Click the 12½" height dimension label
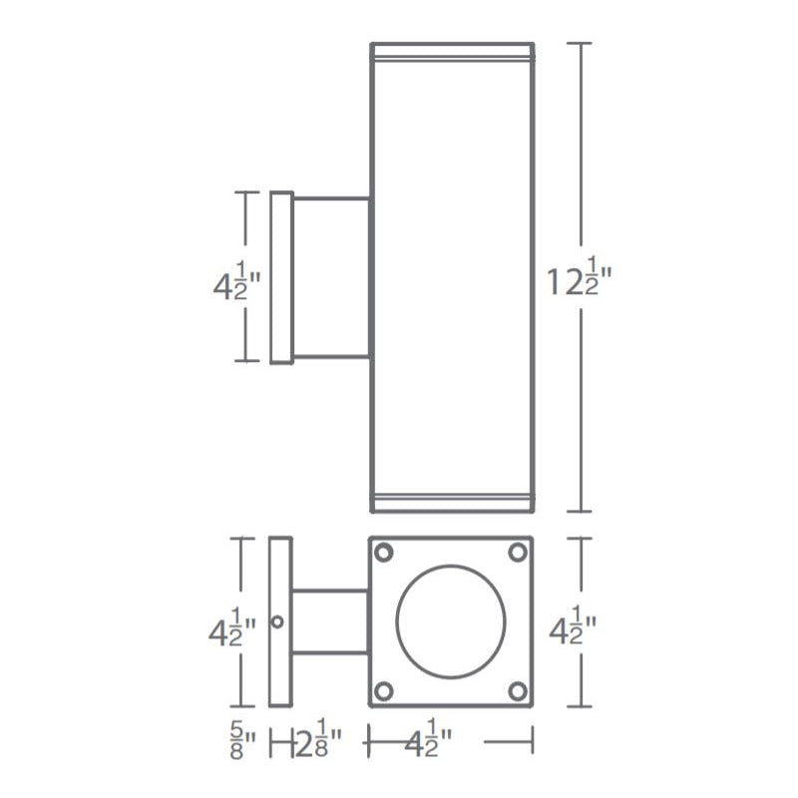coord(580,277)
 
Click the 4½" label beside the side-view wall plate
coord(237,283)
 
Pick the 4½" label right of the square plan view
coord(573,625)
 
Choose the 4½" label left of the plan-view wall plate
coord(232,627)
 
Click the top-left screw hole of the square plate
coord(384,553)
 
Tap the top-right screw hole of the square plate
coord(518,553)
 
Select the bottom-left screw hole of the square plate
coord(384,691)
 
